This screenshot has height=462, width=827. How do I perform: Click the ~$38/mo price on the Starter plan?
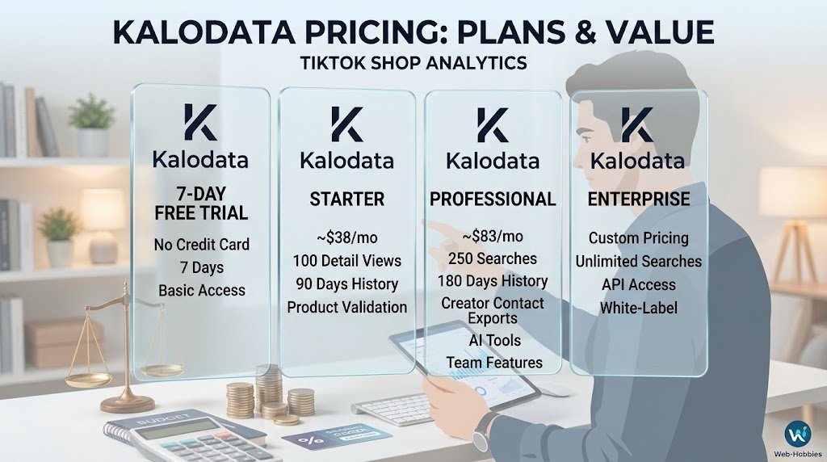click(x=347, y=237)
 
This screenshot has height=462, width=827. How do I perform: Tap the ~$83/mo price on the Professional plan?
click(x=493, y=237)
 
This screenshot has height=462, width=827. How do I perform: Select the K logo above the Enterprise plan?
click(x=637, y=124)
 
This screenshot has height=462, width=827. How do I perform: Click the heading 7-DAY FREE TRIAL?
click(x=201, y=204)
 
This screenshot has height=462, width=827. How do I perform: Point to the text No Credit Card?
click(x=201, y=245)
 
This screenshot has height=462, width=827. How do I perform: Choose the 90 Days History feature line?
click(x=347, y=283)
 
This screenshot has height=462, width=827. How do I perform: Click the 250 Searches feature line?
click(x=493, y=258)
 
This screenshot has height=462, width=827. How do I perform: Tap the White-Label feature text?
click(x=639, y=308)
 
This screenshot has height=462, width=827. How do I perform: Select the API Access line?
click(x=639, y=285)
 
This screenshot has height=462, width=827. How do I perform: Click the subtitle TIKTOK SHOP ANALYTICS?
click(x=413, y=63)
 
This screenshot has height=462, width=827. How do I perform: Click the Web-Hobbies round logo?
click(x=797, y=434)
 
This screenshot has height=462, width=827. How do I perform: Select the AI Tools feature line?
click(x=495, y=341)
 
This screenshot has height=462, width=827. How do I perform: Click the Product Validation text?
click(x=347, y=307)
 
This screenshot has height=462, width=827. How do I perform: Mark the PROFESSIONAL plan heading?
click(x=493, y=199)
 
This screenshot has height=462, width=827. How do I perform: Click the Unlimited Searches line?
click(x=639, y=262)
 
